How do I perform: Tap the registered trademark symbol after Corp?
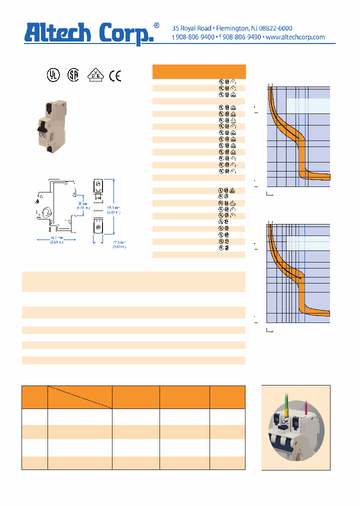point(156,25)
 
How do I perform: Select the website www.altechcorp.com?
point(295,37)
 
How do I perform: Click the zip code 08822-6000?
point(274,28)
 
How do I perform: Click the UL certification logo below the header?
point(52,75)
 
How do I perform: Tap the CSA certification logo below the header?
point(73,75)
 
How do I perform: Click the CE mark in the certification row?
point(115,75)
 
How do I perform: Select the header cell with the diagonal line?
point(79,397)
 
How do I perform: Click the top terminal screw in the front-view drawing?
point(98,185)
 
